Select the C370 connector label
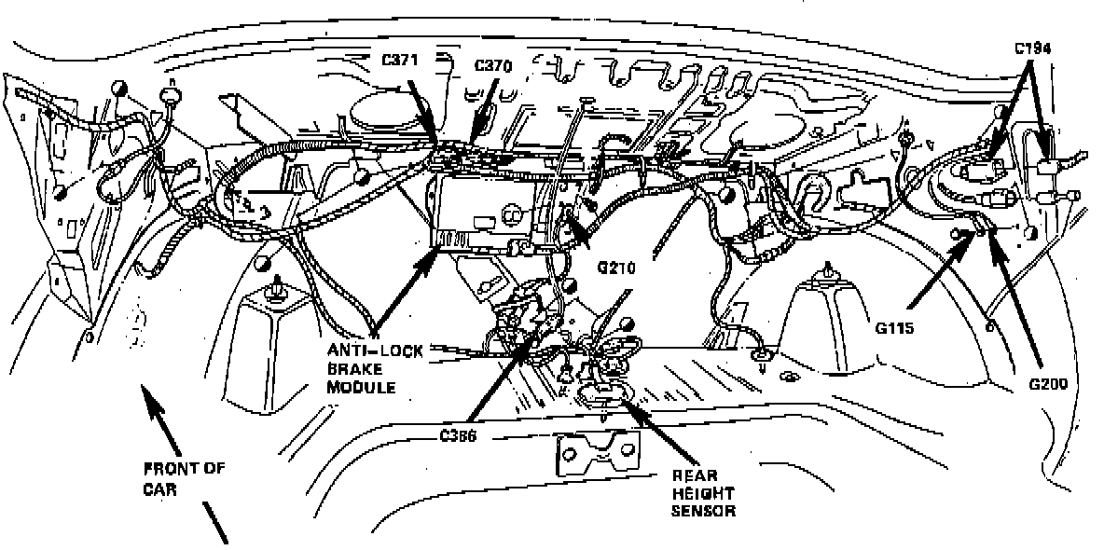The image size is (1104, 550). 493,65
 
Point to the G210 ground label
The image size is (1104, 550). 616,269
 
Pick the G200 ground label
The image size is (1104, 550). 1050,383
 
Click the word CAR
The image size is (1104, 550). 160,488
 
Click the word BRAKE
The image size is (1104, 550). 349,368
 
